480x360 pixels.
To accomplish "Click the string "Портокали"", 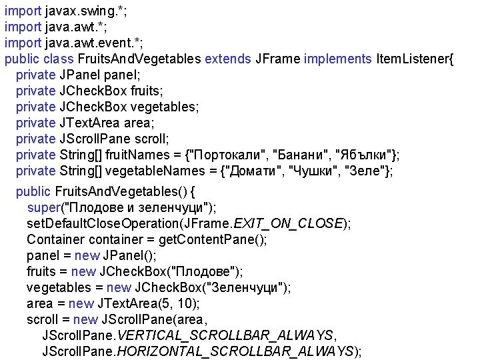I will pyautogui.click(x=226, y=155).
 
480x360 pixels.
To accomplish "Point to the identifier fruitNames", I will pyautogui.click(x=142, y=155).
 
